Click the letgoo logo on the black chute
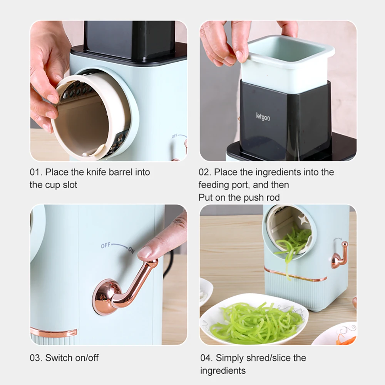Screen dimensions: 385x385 click(263, 117)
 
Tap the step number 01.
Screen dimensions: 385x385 click(35, 172)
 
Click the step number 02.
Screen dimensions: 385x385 click(204, 172)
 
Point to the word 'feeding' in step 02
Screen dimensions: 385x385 click(214, 185)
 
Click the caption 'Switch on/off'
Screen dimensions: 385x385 click(72, 358)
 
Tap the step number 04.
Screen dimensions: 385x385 click(205, 358)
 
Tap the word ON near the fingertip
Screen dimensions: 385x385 click(131, 251)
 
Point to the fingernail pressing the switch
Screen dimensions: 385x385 click(145, 253)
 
